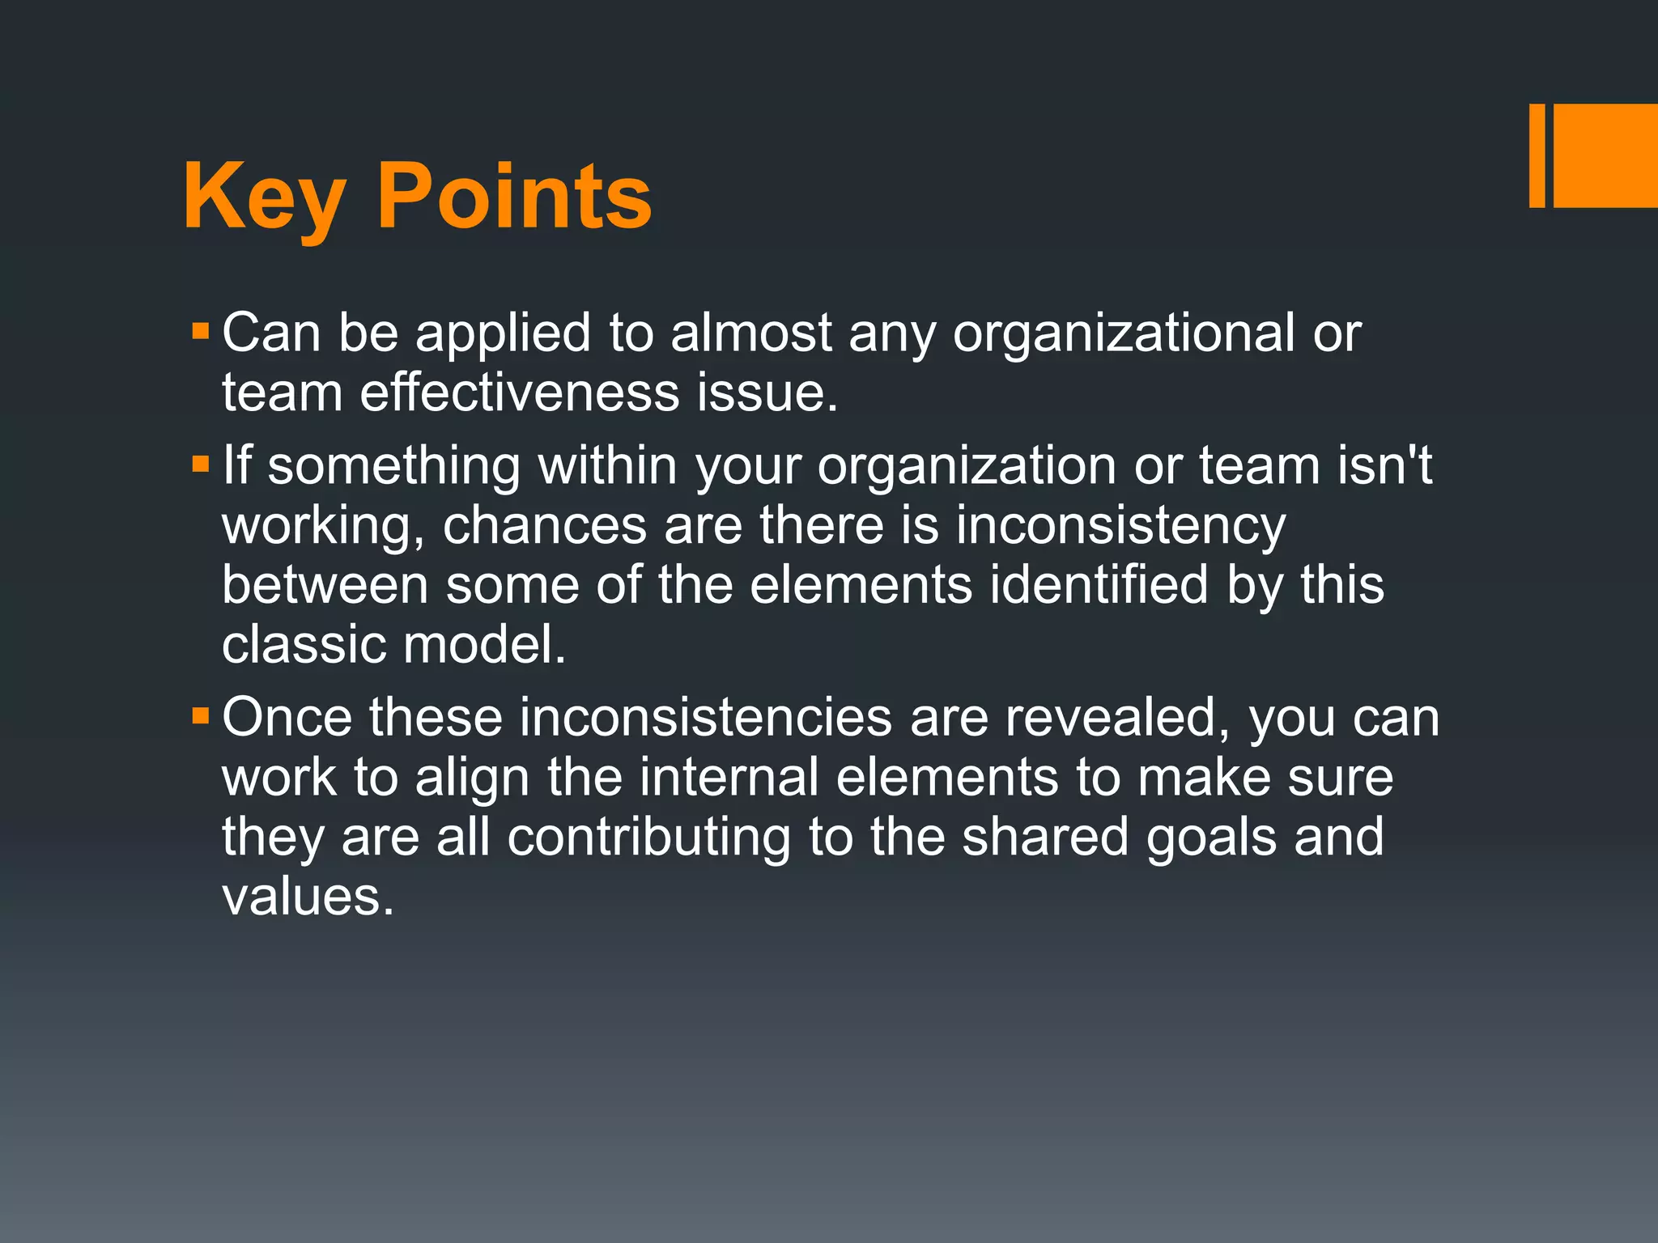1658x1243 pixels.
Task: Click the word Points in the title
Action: [x=514, y=197]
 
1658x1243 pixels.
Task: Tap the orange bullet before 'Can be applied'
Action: [x=200, y=332]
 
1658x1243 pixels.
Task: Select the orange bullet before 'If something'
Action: [x=200, y=465]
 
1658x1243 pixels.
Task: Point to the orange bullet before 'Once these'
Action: [x=200, y=716]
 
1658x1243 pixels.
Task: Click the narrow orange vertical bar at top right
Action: [x=1537, y=155]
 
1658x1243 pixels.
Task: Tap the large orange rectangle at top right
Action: [x=1605, y=155]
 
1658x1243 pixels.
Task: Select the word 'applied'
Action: [x=503, y=333]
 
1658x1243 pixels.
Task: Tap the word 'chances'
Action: [x=544, y=525]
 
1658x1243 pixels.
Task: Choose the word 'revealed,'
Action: [x=1117, y=717]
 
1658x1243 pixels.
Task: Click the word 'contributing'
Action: [x=648, y=837]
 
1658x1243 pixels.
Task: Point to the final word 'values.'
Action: [x=308, y=897]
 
